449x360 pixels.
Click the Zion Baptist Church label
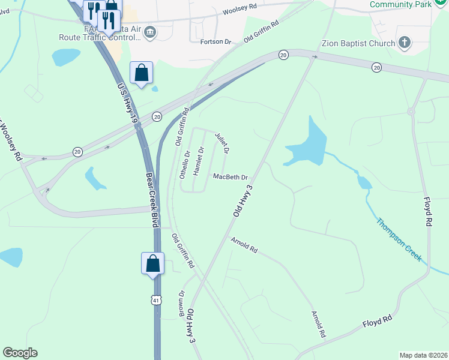(x=357, y=43)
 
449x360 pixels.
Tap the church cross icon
(x=405, y=43)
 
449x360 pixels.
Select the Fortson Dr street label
(x=219, y=41)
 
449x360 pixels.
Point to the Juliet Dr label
(x=222, y=142)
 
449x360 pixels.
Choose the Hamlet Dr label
(x=200, y=161)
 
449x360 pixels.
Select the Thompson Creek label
(x=399, y=241)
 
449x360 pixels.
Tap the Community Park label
(x=401, y=5)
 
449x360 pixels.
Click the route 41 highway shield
(x=156, y=300)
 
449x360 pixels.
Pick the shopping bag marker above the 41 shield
(x=152, y=263)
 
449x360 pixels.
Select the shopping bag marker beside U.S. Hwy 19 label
(x=141, y=73)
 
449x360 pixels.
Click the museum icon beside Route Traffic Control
(x=150, y=32)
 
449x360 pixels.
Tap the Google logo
(x=20, y=353)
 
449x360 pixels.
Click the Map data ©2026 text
(x=423, y=355)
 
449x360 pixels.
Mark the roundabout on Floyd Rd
(x=412, y=111)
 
